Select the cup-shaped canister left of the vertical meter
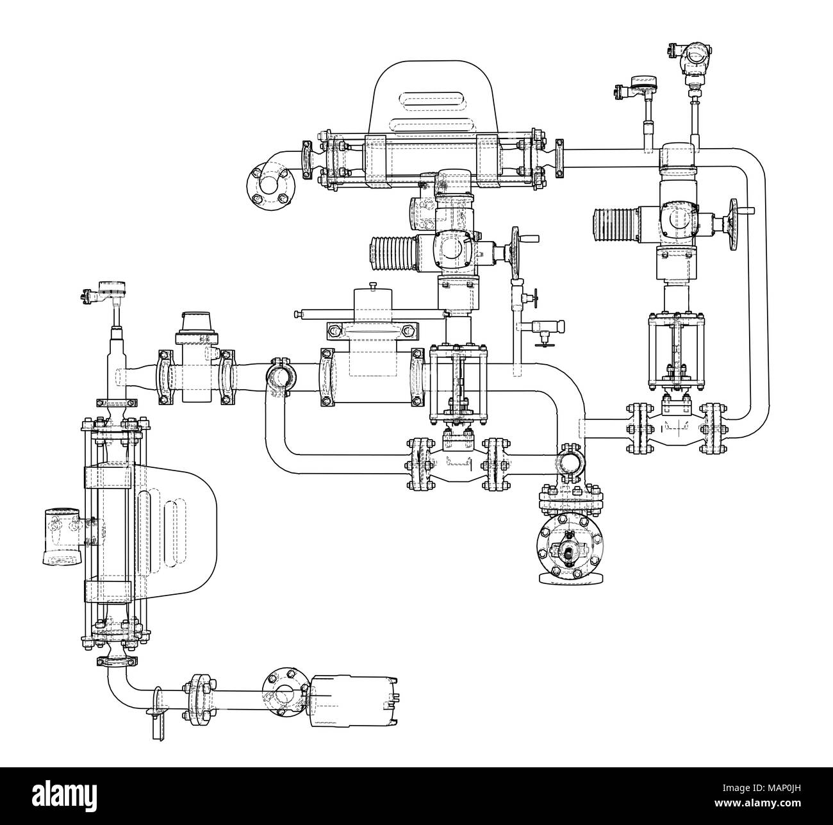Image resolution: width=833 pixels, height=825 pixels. click(62, 537)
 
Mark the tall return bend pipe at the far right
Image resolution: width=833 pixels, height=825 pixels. click(756, 288)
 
